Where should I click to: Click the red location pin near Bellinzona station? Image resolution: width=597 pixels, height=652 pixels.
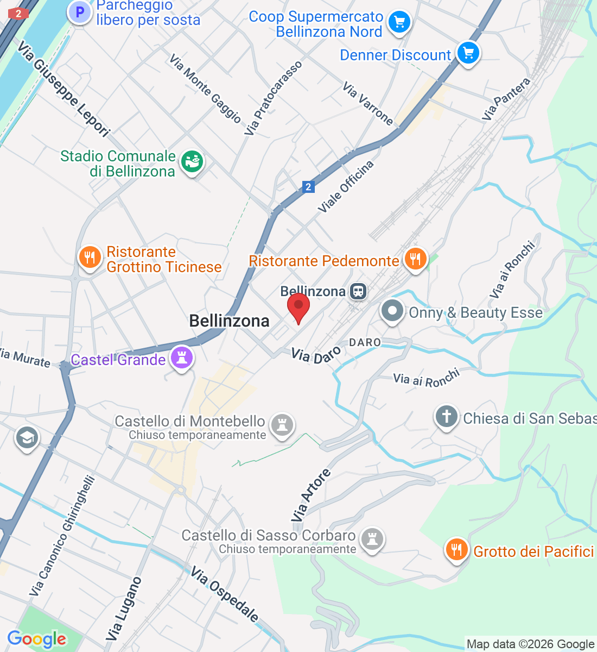pyautogui.click(x=298, y=308)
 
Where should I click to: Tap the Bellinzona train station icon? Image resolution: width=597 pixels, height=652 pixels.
pyautogui.click(x=358, y=291)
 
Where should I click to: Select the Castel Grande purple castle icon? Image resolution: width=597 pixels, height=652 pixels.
pyautogui.click(x=182, y=358)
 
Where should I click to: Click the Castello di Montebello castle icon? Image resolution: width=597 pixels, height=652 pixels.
pyautogui.click(x=282, y=424)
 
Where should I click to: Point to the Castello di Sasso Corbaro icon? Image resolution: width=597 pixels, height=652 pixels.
pyautogui.click(x=372, y=540)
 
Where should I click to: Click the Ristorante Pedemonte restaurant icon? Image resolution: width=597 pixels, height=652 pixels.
pyautogui.click(x=415, y=259)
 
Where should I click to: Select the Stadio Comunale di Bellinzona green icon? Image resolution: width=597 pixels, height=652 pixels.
pyautogui.click(x=191, y=161)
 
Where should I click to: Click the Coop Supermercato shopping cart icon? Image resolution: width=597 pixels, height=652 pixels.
pyautogui.click(x=399, y=22)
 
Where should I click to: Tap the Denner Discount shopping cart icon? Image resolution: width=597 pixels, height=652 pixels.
pyautogui.click(x=468, y=53)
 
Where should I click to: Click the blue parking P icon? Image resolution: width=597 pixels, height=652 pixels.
pyautogui.click(x=80, y=12)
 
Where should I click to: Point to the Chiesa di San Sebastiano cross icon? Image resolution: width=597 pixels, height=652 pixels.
pyautogui.click(x=446, y=417)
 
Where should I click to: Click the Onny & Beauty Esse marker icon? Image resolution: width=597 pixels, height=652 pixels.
pyautogui.click(x=392, y=311)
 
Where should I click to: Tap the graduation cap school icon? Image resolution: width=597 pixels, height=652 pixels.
pyautogui.click(x=27, y=437)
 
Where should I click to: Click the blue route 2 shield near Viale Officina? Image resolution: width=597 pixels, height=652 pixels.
pyautogui.click(x=308, y=187)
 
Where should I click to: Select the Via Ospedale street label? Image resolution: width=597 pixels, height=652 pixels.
pyautogui.click(x=225, y=594)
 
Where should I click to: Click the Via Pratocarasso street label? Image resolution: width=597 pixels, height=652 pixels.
pyautogui.click(x=272, y=98)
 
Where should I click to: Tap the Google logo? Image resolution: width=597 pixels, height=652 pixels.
pyautogui.click(x=36, y=639)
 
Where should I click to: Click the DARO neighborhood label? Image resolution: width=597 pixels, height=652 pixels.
pyautogui.click(x=365, y=342)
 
